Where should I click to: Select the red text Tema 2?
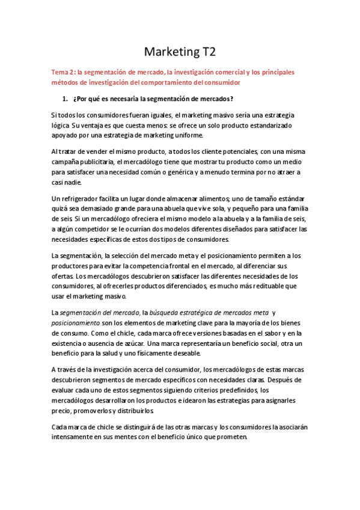coord(64,72)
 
